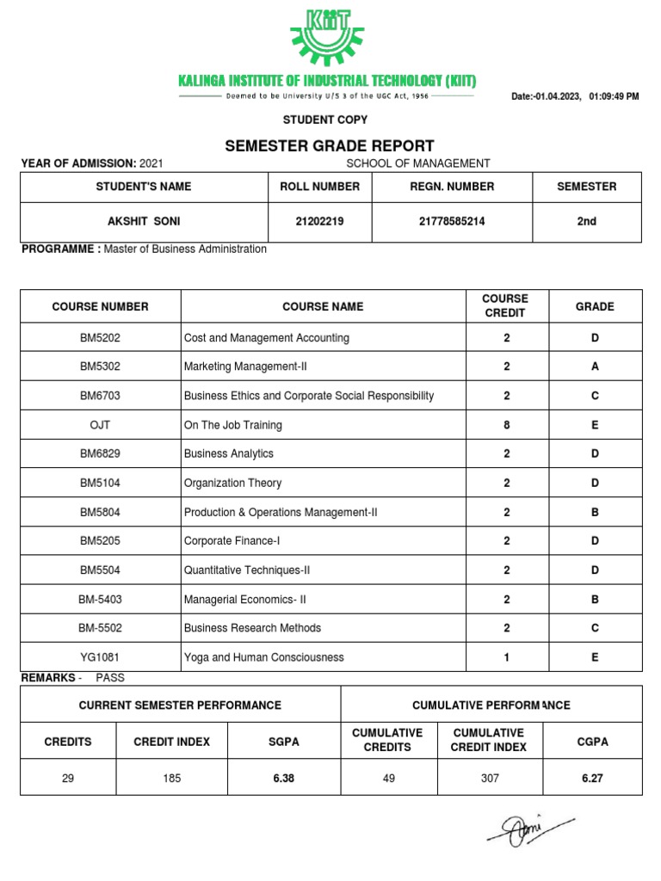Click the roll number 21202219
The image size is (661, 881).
[x=319, y=222]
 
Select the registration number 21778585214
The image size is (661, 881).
[x=452, y=222]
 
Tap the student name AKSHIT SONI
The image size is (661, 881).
[x=144, y=222]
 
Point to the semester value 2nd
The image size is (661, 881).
[x=586, y=222]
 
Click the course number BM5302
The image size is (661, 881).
[x=101, y=367]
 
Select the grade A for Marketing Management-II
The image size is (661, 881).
[x=595, y=367]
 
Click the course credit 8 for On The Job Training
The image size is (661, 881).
[x=506, y=425]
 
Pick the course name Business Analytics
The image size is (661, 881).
[x=229, y=454]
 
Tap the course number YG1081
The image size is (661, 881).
[x=101, y=657]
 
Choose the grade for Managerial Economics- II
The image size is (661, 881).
[x=595, y=599]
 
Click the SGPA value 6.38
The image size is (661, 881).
[x=283, y=778]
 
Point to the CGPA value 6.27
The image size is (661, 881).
[x=591, y=778]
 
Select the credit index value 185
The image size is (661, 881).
[x=171, y=778]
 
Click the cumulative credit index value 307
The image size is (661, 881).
[x=488, y=778]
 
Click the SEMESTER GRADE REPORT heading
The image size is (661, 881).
[x=329, y=146]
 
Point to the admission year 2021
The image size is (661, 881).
[x=151, y=163]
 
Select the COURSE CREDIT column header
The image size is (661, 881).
[x=506, y=306]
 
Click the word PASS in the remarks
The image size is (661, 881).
[x=110, y=678]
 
